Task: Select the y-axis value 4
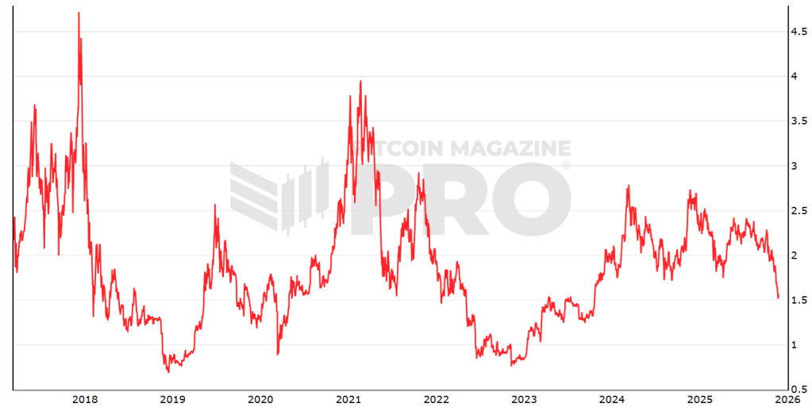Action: tap(792, 76)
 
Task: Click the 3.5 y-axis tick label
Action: tap(797, 121)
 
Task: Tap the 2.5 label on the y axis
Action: tap(797, 210)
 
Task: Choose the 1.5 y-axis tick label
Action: tap(797, 299)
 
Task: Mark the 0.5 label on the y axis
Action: tap(797, 389)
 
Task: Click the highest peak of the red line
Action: tap(79, 13)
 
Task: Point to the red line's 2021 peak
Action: tap(361, 81)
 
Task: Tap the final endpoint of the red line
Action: tap(779, 298)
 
